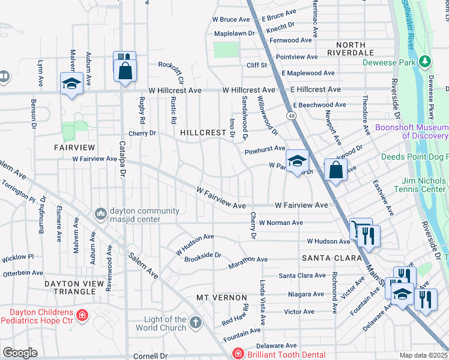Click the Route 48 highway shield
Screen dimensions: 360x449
[291, 115]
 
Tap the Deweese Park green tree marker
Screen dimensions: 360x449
[426, 62]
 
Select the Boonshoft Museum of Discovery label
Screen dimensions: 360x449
[412, 131]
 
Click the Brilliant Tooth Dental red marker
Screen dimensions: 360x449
[238, 355]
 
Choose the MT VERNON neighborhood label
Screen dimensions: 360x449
[221, 298]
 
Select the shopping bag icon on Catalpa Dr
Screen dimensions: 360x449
[125, 70]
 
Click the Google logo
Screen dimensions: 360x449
[20, 353]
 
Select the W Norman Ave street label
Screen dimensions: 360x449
[280, 223]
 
